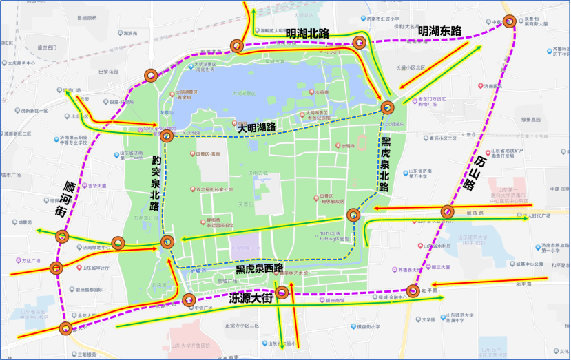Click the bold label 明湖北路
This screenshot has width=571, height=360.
307,32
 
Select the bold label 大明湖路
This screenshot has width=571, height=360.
256,127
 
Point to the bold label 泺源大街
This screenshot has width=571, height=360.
251,298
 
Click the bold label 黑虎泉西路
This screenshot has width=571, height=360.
260,267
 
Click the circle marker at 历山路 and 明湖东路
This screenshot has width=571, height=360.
509,21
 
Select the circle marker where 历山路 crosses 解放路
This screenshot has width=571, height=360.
447,211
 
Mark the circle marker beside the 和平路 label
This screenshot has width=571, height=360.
413,290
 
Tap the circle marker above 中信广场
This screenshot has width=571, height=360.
189,299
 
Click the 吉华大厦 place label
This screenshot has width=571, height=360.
97,186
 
